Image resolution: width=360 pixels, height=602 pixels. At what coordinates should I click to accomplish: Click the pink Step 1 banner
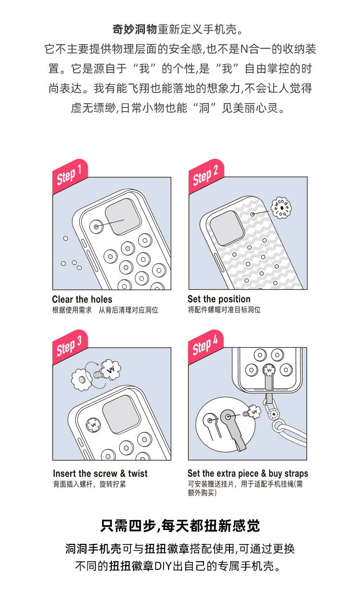pos(71,176)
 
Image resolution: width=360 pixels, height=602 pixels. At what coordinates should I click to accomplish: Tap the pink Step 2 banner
pos(206,176)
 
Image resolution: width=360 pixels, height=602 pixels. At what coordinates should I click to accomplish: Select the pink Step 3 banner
pos(71,347)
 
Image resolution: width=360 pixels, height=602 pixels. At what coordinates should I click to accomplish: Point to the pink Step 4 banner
pos(206,347)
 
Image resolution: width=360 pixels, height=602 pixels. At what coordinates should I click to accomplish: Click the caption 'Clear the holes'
pos(82,299)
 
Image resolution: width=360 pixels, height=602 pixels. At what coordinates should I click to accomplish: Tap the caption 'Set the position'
pos(219,299)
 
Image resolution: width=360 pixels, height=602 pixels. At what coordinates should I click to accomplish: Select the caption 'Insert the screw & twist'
pos(100,473)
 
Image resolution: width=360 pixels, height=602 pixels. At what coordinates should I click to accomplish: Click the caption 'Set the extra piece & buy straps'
pos(248,473)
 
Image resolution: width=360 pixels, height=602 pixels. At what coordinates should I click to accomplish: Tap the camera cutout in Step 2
pos(227,228)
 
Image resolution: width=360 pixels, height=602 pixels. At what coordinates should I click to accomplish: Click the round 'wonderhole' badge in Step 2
pos(281,208)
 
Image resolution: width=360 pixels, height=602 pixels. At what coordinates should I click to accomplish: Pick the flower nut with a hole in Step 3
pos(82,380)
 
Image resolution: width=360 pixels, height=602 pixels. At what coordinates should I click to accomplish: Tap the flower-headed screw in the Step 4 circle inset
pos(252,413)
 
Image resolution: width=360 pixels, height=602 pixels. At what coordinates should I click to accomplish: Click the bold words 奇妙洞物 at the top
pos(134,29)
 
